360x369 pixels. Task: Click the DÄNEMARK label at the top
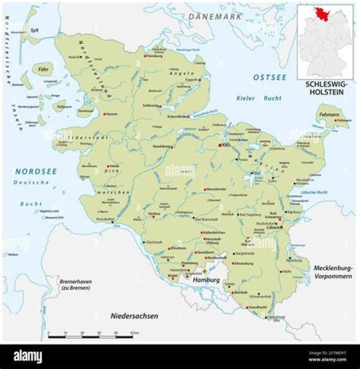click(215, 16)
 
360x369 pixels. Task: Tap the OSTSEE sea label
click(269, 77)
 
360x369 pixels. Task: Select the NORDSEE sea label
click(35, 171)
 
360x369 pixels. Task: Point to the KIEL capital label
click(225, 144)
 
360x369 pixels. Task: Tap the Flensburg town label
click(154, 56)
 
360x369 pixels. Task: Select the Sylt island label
click(34, 30)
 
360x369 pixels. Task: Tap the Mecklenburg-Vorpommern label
click(333, 272)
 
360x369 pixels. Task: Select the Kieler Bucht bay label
click(253, 97)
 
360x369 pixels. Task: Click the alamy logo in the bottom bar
click(27, 356)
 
